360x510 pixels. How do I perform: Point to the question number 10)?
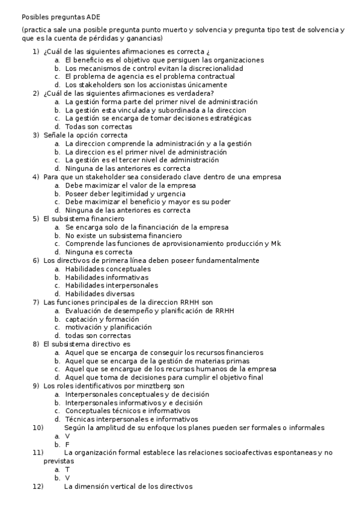coord(38,428)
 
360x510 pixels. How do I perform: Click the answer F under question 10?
coord(67,444)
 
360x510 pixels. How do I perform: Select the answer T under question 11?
coord(67,469)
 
